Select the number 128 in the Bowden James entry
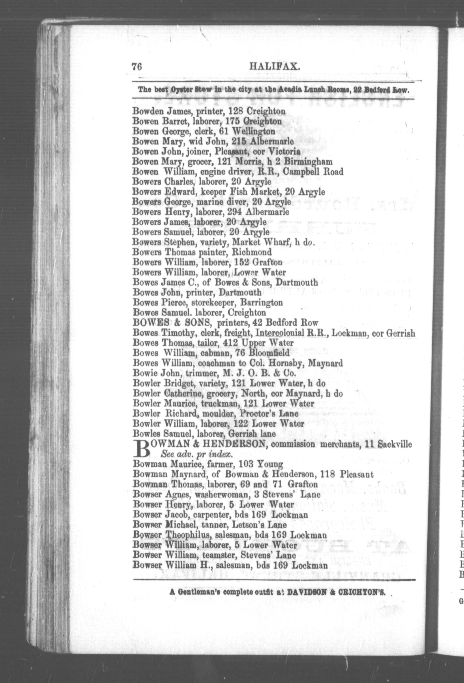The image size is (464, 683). click(235, 111)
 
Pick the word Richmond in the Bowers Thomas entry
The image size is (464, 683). click(252, 252)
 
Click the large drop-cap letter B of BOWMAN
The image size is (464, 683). click(141, 449)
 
